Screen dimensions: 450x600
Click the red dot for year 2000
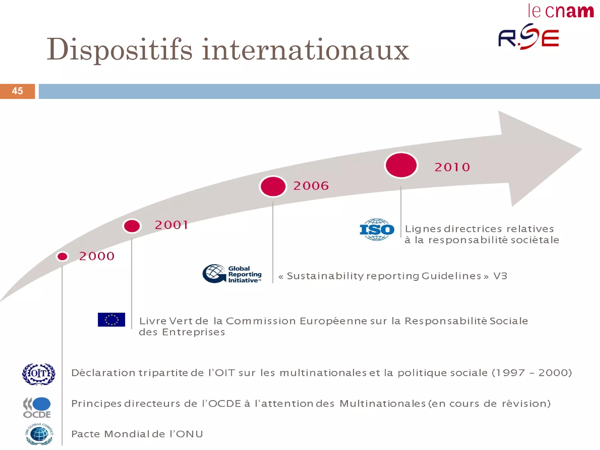(62, 257)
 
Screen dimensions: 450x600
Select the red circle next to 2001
(132, 226)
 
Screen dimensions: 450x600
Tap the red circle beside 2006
(273, 187)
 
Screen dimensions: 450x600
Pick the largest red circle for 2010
(401, 165)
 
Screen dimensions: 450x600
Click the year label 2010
(452, 167)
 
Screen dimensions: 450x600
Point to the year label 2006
(311, 186)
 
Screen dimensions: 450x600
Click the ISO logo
(377, 230)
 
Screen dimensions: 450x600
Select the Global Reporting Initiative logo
(232, 274)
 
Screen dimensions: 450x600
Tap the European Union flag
(111, 320)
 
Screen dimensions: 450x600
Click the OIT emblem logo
(39, 374)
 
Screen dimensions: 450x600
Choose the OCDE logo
(37, 408)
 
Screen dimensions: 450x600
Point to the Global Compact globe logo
(39, 434)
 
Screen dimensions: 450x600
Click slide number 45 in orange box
(17, 91)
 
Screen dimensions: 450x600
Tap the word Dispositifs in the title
(120, 50)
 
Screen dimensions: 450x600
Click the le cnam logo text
(561, 11)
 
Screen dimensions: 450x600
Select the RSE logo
(529, 37)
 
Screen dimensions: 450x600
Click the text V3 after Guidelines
(500, 276)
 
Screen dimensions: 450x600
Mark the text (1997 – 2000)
(532, 373)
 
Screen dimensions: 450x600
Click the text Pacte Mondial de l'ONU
(137, 434)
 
